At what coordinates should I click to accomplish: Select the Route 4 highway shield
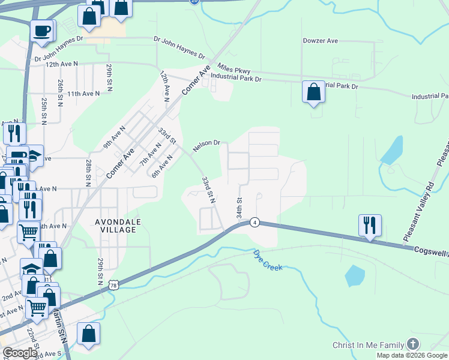click(x=255, y=222)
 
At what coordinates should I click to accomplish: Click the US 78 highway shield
click(x=113, y=285)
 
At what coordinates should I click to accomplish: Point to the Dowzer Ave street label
click(x=321, y=41)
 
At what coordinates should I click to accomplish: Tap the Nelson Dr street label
click(x=206, y=145)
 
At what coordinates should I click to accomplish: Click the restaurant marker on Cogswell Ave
click(x=369, y=226)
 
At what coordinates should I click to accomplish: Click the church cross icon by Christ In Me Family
click(x=412, y=344)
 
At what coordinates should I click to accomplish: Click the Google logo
click(x=20, y=353)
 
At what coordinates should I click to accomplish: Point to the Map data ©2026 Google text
click(x=412, y=355)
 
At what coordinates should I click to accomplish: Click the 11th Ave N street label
click(x=83, y=94)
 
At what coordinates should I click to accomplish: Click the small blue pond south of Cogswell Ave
click(x=355, y=275)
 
